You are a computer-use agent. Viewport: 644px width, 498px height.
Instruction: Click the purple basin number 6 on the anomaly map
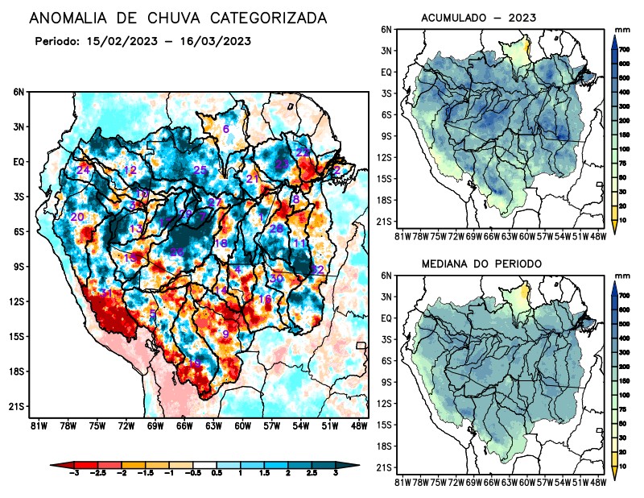[x=226, y=129]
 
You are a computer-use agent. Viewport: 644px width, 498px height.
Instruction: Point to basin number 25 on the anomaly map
[x=200, y=169]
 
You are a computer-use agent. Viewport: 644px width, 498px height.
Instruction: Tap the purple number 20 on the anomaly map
[x=77, y=218]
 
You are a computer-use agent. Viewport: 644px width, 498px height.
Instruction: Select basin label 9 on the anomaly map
[x=226, y=334]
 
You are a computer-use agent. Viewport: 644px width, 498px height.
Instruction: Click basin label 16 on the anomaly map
[x=264, y=299]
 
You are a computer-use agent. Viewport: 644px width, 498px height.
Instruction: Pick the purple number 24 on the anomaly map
[x=83, y=170]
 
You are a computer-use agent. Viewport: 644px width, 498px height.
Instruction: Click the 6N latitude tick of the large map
[x=19, y=93]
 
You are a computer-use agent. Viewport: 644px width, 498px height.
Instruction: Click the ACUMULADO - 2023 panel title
[x=479, y=17]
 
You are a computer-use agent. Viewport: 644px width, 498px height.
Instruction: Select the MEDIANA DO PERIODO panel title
[x=481, y=264]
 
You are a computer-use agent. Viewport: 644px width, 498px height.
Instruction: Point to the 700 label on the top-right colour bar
[x=624, y=50]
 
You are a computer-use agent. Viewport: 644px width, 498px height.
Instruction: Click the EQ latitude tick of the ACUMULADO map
[x=386, y=72]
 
